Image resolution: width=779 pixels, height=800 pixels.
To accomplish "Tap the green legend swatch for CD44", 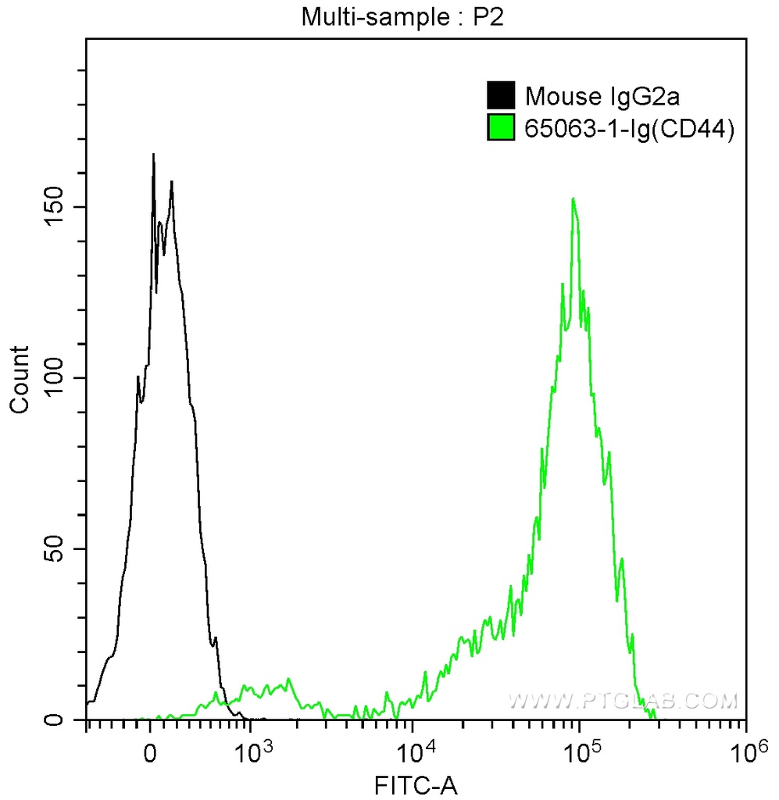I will coord(500,127).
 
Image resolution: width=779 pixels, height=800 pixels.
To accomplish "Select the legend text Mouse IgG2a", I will coord(592,97).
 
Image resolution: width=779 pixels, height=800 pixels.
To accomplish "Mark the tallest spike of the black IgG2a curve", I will coord(153,155).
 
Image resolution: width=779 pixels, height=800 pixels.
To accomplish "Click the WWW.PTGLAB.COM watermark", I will coord(622,701).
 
